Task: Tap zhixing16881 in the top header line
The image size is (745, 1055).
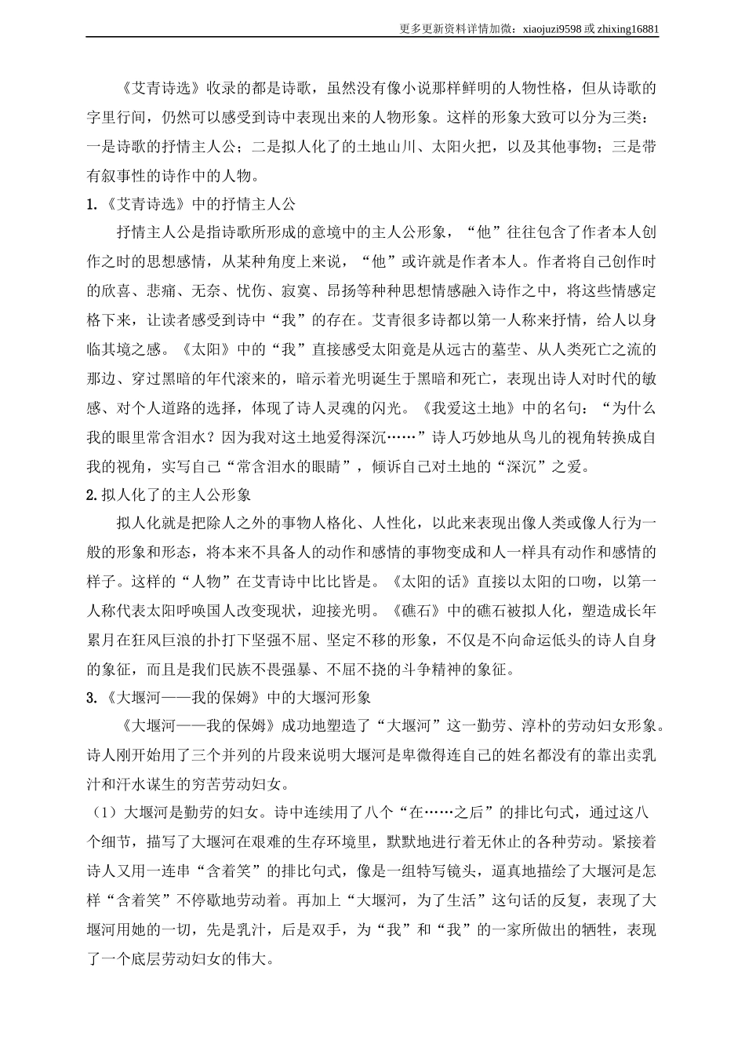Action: tap(627, 29)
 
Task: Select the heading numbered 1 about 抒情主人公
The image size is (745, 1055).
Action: tap(192, 204)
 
